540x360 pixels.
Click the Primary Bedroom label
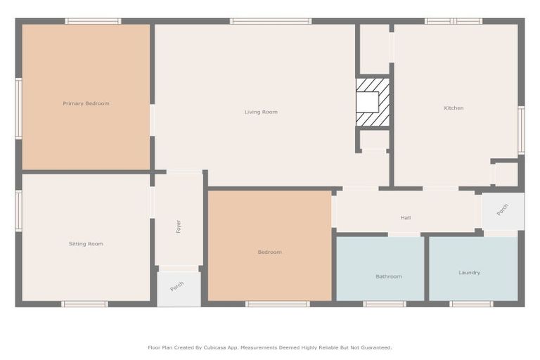[86, 103]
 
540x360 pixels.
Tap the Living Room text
[261, 112]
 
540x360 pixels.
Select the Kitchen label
[454, 108]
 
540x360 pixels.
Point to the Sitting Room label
[86, 244]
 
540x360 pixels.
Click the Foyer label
[179, 226]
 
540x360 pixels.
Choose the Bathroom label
[388, 276]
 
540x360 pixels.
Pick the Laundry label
[469, 273]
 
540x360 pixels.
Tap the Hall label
[406, 217]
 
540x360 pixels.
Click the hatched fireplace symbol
[373, 102]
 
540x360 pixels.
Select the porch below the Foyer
[178, 286]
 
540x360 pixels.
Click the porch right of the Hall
[503, 210]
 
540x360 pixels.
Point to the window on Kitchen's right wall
[521, 129]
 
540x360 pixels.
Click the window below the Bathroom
[385, 304]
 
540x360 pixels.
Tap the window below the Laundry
[471, 304]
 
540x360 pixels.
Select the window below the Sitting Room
[84, 304]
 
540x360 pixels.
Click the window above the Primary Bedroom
[93, 21]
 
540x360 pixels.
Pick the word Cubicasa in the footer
[223, 347]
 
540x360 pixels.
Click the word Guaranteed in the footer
[375, 347]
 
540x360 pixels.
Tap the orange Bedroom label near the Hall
[269, 252]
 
